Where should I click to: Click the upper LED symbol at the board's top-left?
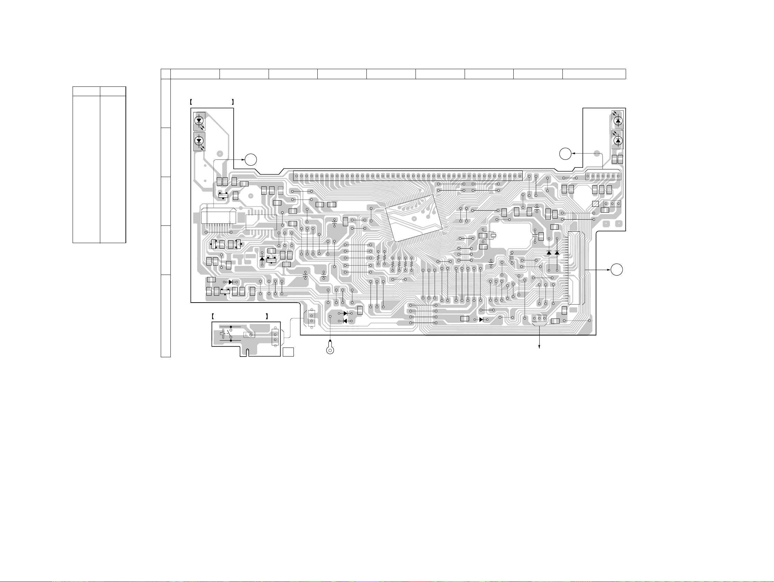199,121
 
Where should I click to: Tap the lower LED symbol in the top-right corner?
618,140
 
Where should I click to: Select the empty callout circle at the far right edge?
617,270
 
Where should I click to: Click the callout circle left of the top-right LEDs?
565,154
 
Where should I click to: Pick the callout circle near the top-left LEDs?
251,159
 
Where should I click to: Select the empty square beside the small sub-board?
288,352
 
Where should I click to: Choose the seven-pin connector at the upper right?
603,176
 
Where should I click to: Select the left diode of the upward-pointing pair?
549,252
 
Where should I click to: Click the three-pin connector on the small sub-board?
276,337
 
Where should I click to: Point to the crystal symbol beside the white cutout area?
493,235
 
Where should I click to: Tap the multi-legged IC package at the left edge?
219,217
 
